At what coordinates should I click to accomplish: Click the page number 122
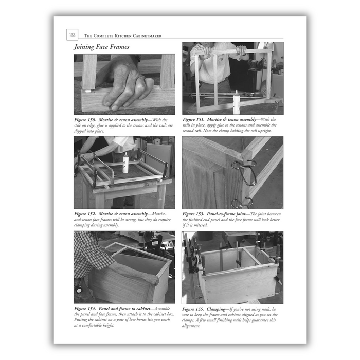tap(72, 35)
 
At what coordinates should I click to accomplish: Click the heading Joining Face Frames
tap(101, 47)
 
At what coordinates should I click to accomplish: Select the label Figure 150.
tap(88, 120)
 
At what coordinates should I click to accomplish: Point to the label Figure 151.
tap(197, 120)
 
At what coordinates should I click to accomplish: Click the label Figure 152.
tap(88, 213)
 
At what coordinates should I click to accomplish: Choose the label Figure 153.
tap(197, 213)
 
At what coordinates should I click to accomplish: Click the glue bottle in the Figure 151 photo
tap(237, 102)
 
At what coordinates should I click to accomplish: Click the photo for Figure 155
tap(232, 267)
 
